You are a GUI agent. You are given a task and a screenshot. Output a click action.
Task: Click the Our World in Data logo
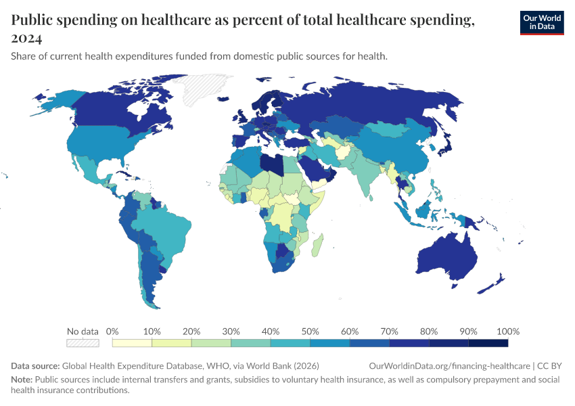541,22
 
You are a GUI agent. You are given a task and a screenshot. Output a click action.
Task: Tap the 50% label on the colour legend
310,332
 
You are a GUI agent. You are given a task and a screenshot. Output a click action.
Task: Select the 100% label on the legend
507,332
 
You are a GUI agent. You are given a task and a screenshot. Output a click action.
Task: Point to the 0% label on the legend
113,332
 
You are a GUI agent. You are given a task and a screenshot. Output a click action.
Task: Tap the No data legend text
83,332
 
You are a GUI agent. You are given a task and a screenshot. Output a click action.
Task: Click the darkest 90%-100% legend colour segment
488,343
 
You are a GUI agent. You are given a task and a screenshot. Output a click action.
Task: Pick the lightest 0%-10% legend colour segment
132,343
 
